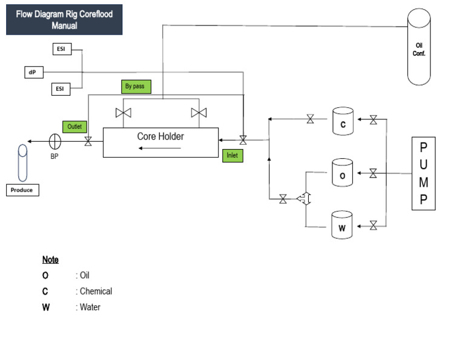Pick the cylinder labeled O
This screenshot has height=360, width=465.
click(x=343, y=173)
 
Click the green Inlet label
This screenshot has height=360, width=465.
click(x=232, y=155)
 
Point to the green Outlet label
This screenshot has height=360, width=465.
click(x=74, y=127)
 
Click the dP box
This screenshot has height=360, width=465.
click(x=32, y=72)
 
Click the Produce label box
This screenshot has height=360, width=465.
click(x=22, y=190)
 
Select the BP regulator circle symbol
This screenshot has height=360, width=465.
click(x=55, y=142)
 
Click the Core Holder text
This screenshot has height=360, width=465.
click(x=160, y=136)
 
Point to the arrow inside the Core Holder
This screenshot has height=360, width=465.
click(x=167, y=148)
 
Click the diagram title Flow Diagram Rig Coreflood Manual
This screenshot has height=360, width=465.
click(x=64, y=20)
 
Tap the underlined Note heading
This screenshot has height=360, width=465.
click(x=50, y=259)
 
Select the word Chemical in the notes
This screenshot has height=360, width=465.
click(x=96, y=292)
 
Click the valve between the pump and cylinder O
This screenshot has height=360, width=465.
click(x=373, y=174)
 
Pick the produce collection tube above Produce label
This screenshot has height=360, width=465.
click(x=22, y=162)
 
